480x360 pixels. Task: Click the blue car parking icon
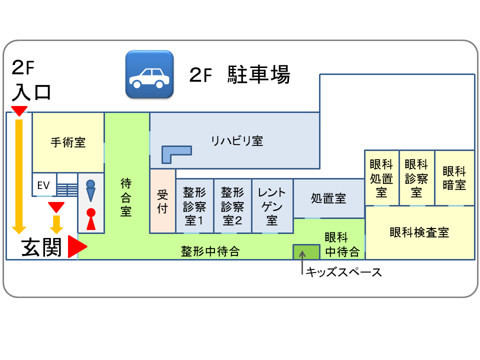pos(149,74)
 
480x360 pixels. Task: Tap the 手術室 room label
pos(68,142)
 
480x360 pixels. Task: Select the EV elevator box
pos(44,185)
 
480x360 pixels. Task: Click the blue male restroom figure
pos(90,190)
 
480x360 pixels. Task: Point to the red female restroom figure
pos(90,219)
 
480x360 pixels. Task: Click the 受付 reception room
pos(162,201)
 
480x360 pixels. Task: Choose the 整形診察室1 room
pos(194,206)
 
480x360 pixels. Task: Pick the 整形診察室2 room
pos(232,206)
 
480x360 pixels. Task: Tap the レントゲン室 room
pos(272,206)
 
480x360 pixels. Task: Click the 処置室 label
pos(328,198)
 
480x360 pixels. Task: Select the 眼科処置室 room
pos(381,178)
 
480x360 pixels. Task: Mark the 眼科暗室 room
pos(454,178)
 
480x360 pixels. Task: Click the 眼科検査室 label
pos(419,232)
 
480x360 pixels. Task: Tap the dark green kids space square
pos(306,251)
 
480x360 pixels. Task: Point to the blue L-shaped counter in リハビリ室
pos(175,152)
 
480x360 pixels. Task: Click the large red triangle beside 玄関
pos(77,247)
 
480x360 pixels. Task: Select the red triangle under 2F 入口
pos(19,111)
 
